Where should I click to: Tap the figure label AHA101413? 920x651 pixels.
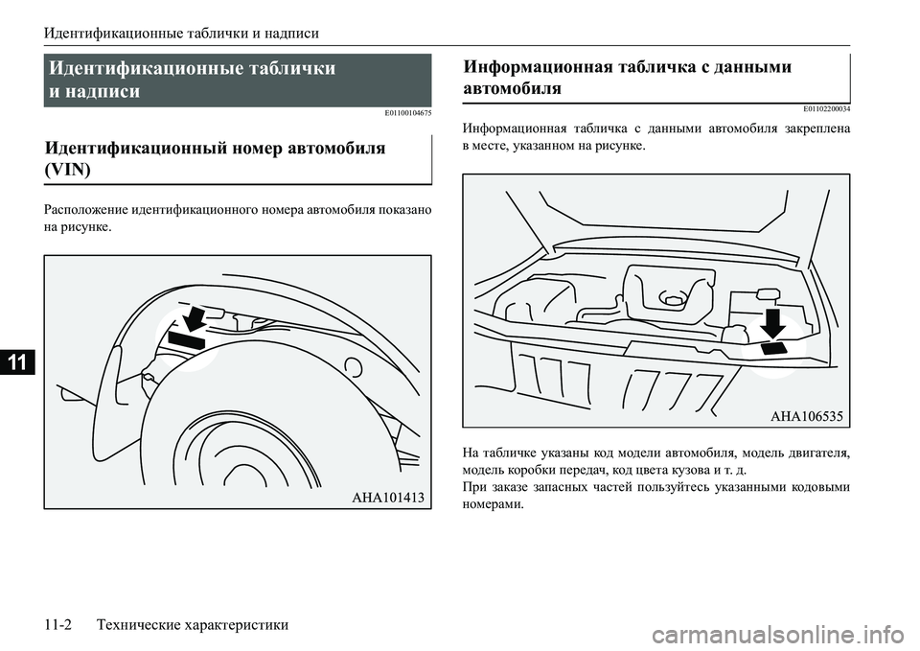coord(387,497)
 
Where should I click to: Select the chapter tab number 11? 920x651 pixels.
coord(18,362)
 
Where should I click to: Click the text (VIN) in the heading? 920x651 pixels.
coord(68,171)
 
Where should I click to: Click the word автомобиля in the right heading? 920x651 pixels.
coord(512,88)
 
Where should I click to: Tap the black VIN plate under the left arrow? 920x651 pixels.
coord(187,337)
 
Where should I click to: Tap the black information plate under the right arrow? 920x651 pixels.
coord(775,349)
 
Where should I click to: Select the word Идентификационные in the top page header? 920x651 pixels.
coord(105,34)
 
